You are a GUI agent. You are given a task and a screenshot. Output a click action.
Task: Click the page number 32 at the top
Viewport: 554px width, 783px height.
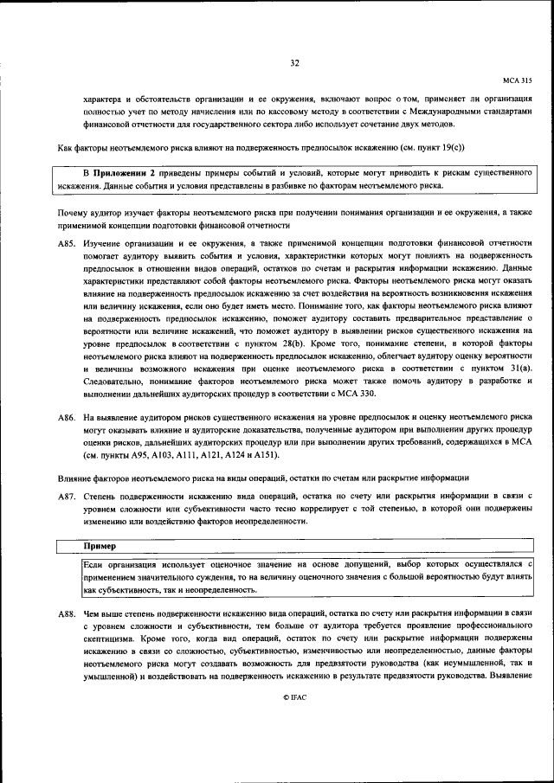(294, 62)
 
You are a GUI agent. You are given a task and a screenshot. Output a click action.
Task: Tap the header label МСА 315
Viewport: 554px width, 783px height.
(517, 79)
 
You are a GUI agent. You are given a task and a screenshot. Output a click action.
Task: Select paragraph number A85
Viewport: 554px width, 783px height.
(67, 245)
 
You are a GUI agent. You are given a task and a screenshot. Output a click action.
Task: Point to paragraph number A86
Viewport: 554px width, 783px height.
(67, 418)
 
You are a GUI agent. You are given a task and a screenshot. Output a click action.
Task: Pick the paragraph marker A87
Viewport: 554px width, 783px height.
(67, 496)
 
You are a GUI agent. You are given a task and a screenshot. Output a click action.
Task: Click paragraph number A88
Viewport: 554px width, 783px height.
(67, 613)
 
